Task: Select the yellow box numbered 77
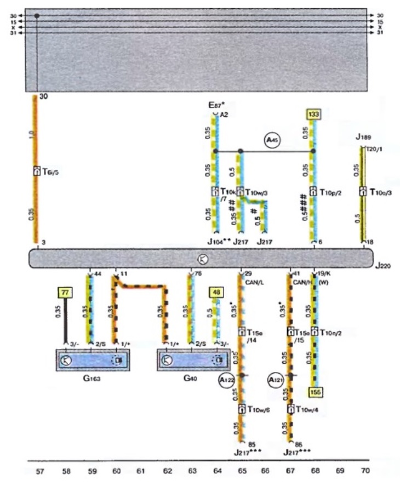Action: (65, 293)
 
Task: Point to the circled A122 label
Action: (226, 380)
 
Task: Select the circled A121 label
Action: (275, 380)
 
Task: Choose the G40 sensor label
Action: (190, 378)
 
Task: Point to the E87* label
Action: (217, 104)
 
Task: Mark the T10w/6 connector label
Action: (257, 409)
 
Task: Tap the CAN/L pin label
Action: (251, 283)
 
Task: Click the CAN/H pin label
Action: (299, 283)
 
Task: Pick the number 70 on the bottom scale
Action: (365, 470)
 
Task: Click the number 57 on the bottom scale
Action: (39, 470)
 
